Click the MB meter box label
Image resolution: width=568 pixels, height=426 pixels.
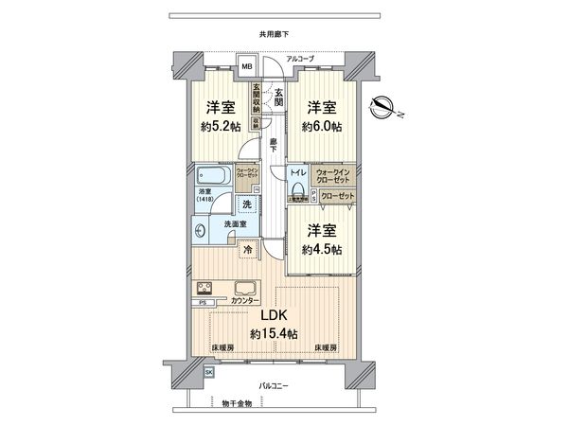click(x=246, y=66)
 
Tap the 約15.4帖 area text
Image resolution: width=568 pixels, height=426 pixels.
click(x=275, y=334)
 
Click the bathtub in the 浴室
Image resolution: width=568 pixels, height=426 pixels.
click(x=214, y=176)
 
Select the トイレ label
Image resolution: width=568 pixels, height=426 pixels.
click(x=297, y=173)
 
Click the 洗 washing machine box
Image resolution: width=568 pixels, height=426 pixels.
click(x=246, y=204)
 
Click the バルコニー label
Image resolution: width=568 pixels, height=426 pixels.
click(x=274, y=386)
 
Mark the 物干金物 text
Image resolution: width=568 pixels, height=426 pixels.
click(x=236, y=404)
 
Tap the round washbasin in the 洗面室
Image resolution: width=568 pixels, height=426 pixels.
click(x=202, y=230)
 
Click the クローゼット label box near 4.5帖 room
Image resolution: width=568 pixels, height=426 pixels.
click(x=337, y=196)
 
